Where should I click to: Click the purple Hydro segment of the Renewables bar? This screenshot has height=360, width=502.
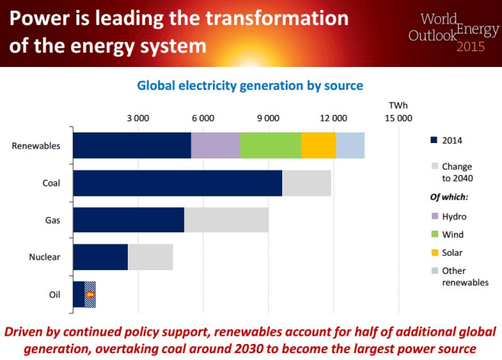[x=215, y=145]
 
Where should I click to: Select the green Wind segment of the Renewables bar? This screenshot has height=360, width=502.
[x=270, y=145]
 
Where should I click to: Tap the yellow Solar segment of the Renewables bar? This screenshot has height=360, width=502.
[x=318, y=145]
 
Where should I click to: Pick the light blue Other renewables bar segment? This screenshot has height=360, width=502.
[x=350, y=145]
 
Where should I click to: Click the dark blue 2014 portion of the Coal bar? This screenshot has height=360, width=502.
[x=177, y=183]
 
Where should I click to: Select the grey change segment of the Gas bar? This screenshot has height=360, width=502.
[x=226, y=220]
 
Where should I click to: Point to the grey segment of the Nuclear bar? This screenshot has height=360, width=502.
[x=150, y=257]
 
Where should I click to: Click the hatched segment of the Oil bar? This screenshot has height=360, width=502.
[x=90, y=294]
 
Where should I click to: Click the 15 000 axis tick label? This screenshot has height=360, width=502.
[x=399, y=118]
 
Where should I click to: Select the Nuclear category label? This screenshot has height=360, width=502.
[x=45, y=257]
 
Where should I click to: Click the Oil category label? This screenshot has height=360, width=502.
[x=55, y=294]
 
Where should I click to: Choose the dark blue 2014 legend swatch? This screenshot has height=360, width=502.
[x=434, y=140]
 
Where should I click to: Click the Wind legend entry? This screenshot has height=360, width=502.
[x=453, y=234]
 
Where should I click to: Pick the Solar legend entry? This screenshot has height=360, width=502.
[x=453, y=253]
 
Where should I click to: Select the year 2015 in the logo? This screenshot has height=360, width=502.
[x=475, y=47]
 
